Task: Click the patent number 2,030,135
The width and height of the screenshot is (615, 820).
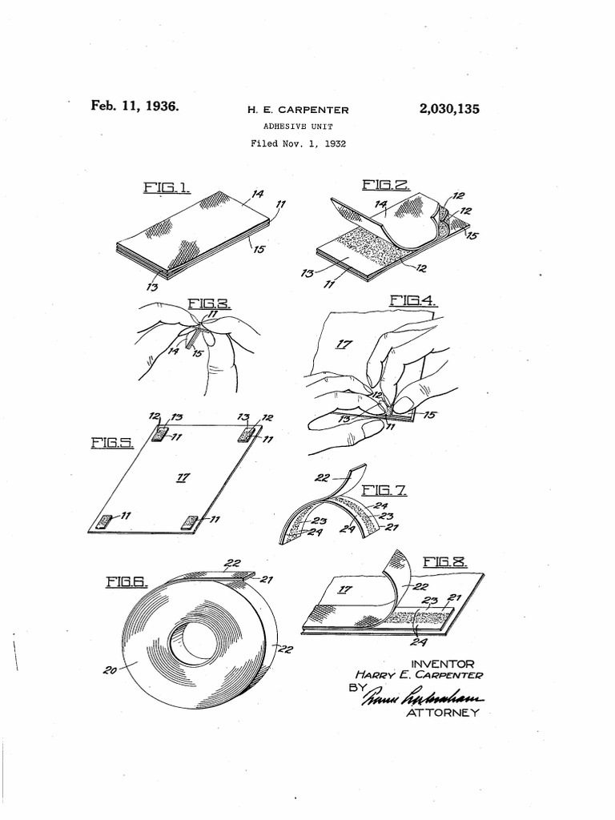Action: click(448, 110)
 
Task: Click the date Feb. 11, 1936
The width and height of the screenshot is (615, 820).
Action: click(135, 106)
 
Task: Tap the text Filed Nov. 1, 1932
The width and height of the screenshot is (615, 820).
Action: click(297, 144)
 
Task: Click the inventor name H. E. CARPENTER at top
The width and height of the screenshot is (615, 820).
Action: click(297, 111)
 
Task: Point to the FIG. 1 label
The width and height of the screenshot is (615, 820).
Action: click(166, 187)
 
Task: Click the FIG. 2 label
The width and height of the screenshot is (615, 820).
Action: click(386, 186)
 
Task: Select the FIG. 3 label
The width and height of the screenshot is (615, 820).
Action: click(210, 303)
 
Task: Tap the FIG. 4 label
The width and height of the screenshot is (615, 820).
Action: click(414, 301)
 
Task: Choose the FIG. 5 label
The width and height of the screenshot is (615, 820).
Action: click(111, 443)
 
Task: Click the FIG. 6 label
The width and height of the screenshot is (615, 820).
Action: click(127, 583)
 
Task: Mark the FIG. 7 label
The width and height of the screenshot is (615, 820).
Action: click(384, 490)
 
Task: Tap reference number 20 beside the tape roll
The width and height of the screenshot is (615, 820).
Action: click(111, 670)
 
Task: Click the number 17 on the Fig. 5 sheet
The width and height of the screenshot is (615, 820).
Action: click(183, 477)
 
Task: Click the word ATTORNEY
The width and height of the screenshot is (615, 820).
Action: click(443, 713)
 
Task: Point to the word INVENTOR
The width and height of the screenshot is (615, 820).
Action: click(443, 663)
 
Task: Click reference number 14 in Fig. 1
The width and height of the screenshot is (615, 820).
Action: click(258, 194)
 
